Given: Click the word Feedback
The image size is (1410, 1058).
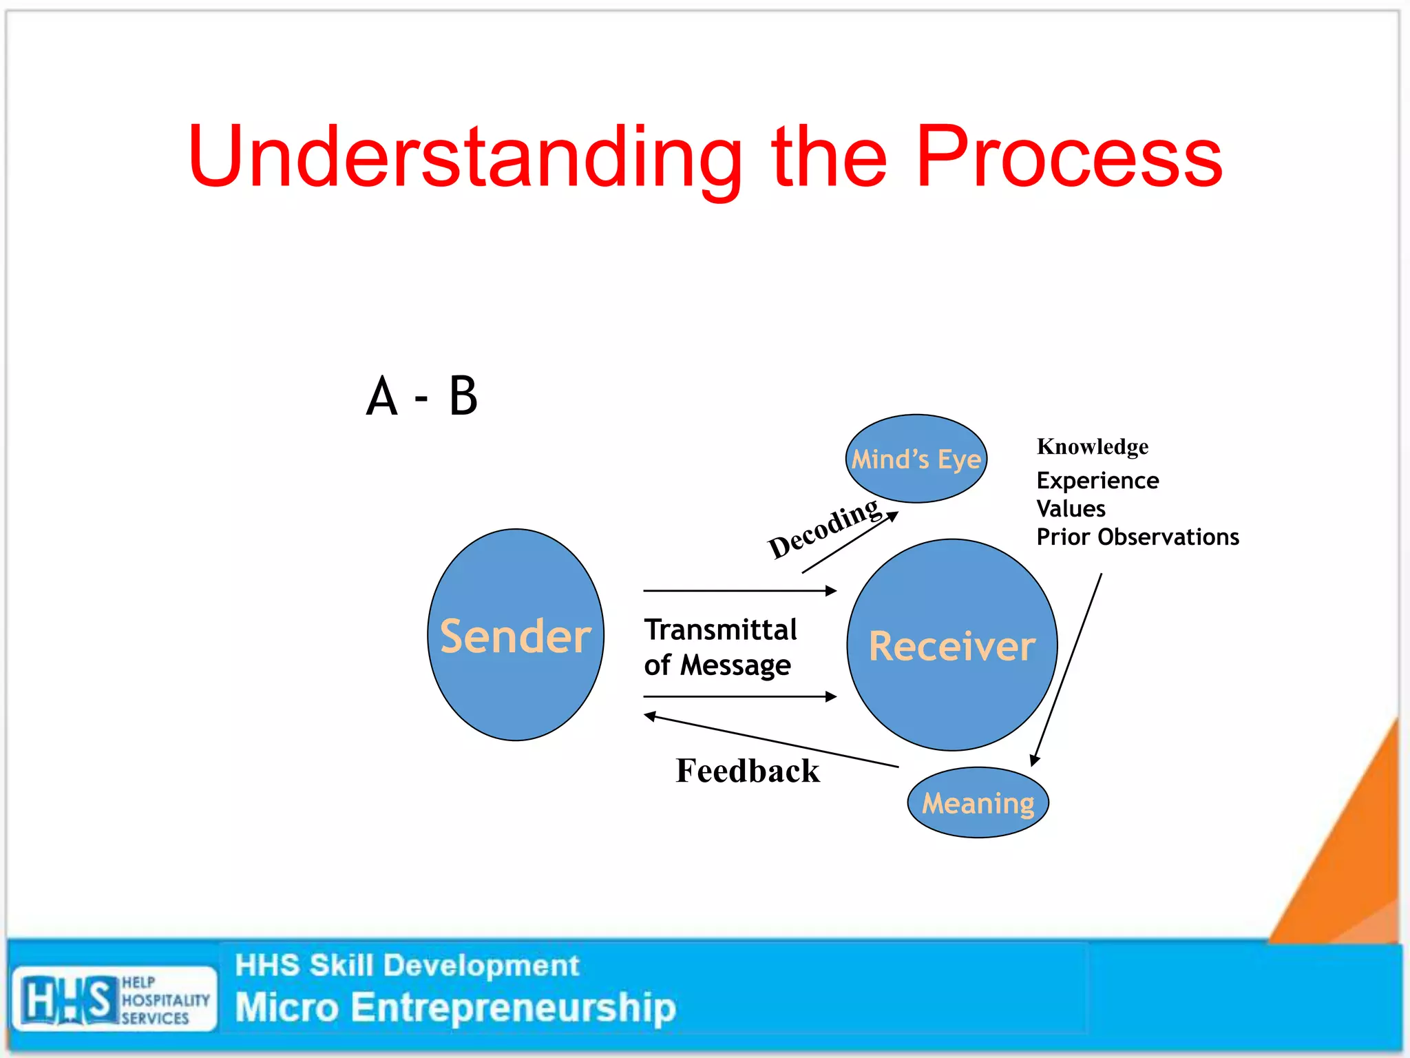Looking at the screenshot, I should coord(748,771).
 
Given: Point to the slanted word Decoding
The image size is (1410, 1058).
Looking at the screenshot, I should coord(823,528).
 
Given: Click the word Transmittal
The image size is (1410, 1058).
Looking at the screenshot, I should coord(720,630).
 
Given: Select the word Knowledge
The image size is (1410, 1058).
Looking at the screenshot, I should coord(1092,446).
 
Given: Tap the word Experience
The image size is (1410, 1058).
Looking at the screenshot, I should coord(1097,480).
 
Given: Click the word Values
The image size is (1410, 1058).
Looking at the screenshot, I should coord(1071,508).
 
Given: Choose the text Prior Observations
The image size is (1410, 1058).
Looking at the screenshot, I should coord(1137,537).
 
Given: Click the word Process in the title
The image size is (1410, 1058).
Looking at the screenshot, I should coord(1069,157).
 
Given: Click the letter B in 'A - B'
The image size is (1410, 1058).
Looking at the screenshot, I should coord(463,396).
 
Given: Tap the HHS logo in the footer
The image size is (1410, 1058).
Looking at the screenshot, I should coord(114,999).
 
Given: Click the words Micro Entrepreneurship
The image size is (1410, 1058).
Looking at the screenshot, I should coord(455,1007).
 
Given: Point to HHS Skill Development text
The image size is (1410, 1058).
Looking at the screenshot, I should coord(407,965).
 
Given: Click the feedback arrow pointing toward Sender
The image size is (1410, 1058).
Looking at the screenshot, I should coord(770,740).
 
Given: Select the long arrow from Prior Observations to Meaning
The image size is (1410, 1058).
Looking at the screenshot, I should coord(1067,668).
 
